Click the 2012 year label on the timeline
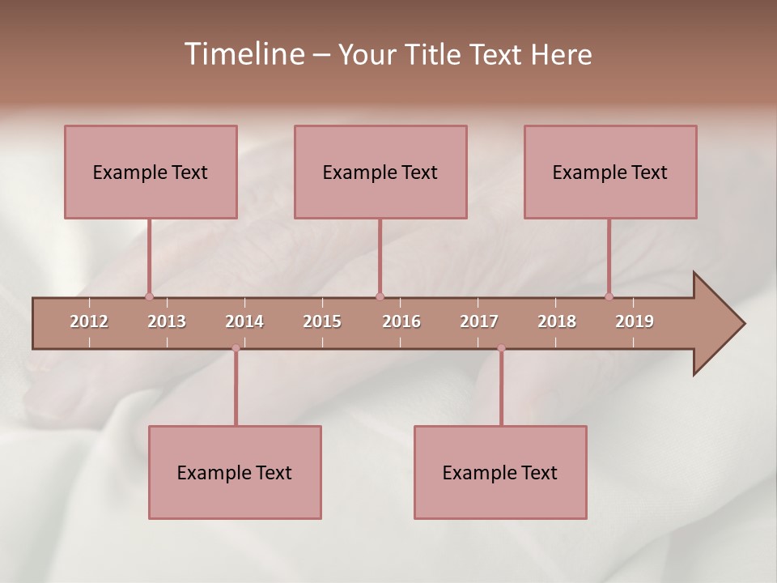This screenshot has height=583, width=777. coord(89,321)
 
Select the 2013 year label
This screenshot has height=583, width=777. coord(167,321)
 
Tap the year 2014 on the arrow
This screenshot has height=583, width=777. coord(244,321)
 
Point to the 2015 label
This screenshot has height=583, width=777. coord(322,321)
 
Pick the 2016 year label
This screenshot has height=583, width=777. coord(401,321)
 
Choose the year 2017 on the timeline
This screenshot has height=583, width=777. coord(479,321)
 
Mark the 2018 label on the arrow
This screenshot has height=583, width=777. coord(557,321)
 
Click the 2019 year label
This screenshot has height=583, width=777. coord(635,321)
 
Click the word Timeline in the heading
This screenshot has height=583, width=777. coord(243,54)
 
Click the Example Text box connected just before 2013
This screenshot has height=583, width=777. coord(151,172)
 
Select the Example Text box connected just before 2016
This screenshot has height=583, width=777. coord(380,172)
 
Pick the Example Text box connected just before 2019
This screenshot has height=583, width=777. coord(610,172)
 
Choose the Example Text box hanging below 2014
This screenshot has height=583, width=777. coord(235,472)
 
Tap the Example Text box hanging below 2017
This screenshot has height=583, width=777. coord(500,472)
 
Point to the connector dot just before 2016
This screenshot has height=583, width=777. coord(380,296)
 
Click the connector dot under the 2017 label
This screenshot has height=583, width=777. coord(501,348)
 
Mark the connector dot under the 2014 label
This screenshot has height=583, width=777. coord(236,348)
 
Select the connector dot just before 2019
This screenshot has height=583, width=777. coord(609,296)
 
